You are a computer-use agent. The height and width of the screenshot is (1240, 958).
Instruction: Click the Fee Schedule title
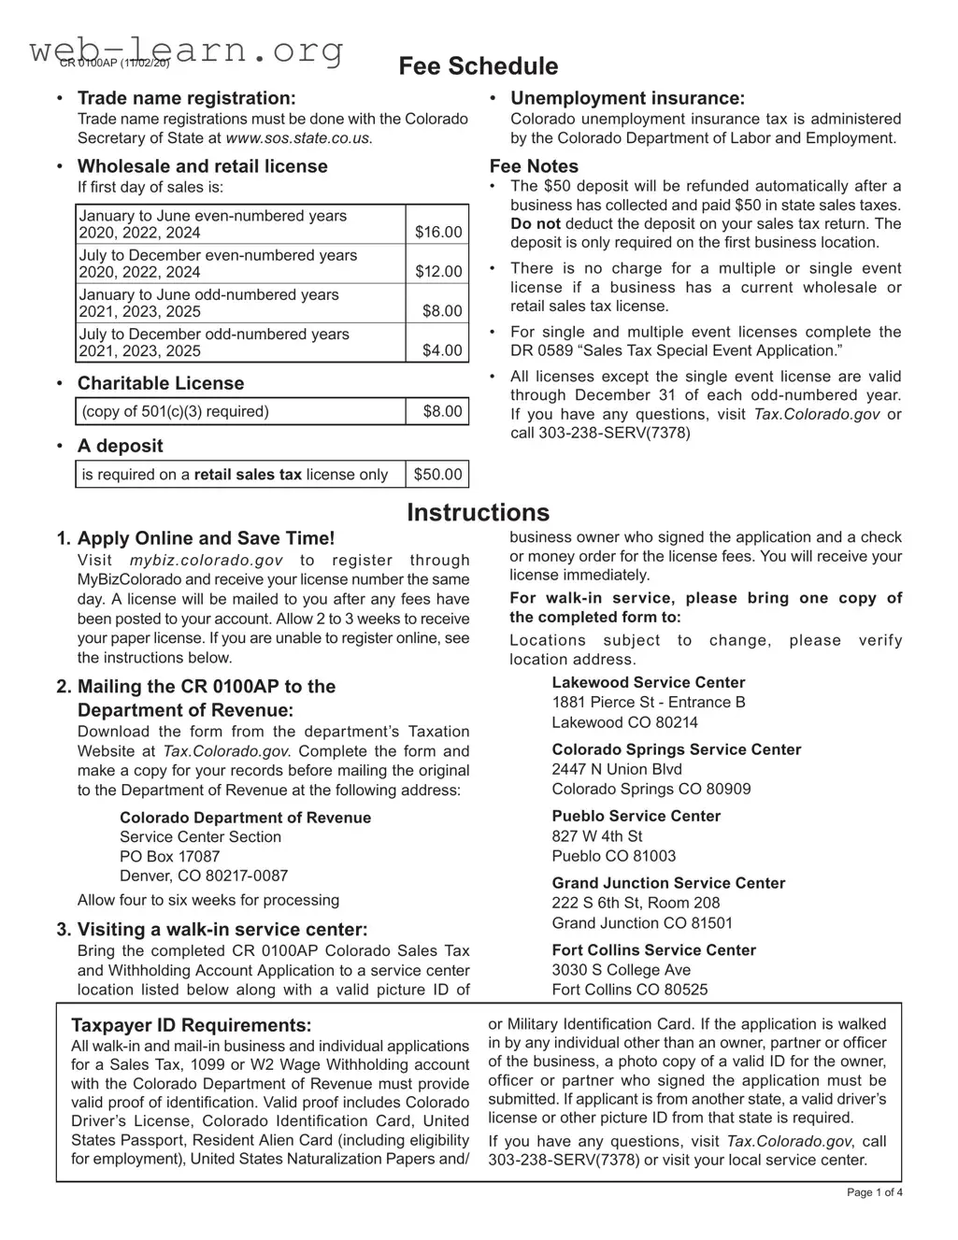click(478, 66)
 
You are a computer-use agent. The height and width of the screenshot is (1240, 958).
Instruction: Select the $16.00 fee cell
click(438, 232)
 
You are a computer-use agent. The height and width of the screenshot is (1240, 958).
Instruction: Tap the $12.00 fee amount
click(438, 271)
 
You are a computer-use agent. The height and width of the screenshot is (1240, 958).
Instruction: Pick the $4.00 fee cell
click(442, 350)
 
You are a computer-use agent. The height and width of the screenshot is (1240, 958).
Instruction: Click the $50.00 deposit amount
click(437, 474)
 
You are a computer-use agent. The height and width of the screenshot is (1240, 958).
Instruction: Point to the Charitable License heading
click(160, 383)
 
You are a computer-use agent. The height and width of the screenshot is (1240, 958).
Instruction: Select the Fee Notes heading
click(534, 166)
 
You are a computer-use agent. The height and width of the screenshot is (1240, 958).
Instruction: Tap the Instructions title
click(478, 512)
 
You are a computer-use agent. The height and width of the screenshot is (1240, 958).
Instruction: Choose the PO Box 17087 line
click(169, 856)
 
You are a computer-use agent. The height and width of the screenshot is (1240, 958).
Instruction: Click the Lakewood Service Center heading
click(648, 682)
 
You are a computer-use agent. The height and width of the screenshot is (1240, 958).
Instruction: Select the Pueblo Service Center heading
click(636, 816)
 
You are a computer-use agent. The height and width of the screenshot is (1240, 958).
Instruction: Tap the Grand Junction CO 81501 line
click(642, 922)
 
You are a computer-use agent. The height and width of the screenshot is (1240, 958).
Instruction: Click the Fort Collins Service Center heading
click(653, 949)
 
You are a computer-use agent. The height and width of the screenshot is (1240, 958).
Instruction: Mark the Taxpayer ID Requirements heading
click(192, 1024)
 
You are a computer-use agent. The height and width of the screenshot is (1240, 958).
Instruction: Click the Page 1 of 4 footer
click(874, 1192)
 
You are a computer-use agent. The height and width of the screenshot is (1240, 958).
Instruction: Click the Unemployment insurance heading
click(627, 98)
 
